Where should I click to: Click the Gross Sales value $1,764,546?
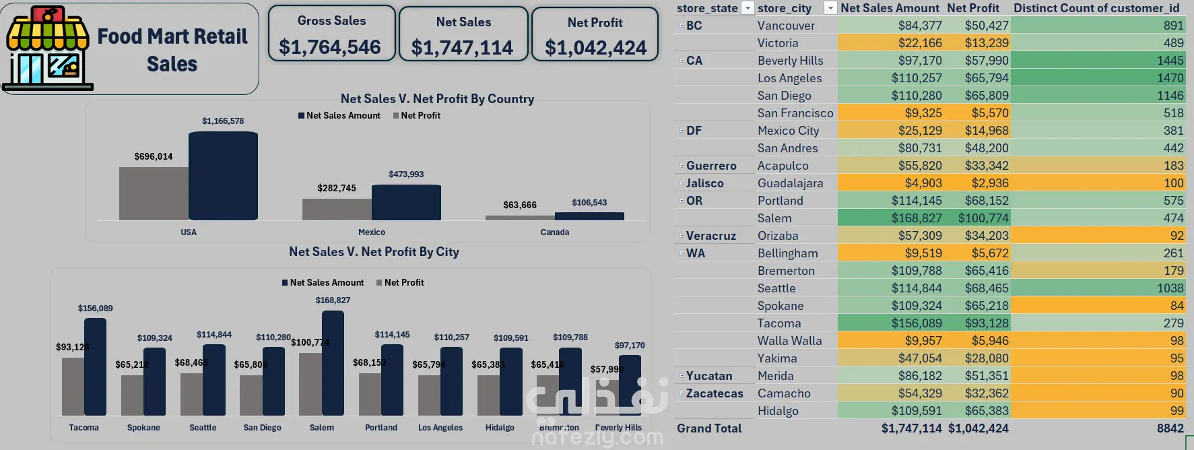point(330,47)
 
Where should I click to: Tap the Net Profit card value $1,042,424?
point(595,48)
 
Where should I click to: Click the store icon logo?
point(47,49)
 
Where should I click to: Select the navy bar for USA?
point(223,176)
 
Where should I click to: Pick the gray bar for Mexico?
point(337,209)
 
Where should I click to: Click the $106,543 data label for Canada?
point(589,203)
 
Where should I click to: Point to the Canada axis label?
point(554,232)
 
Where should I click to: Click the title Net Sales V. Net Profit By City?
point(374,252)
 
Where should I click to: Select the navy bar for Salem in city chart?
point(333,363)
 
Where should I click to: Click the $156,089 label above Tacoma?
point(96,309)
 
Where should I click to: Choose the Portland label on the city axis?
point(381,428)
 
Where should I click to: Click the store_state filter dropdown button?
point(747,8)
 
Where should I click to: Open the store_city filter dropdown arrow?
point(830,8)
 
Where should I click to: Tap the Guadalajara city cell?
point(790,183)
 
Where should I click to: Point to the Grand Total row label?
point(709,428)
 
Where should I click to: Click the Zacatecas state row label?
point(715,393)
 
